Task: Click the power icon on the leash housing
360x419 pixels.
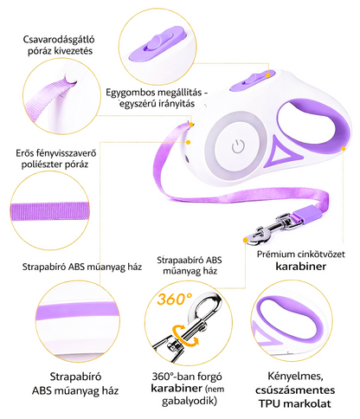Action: click(x=238, y=146)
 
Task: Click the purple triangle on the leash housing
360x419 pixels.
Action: click(x=283, y=152)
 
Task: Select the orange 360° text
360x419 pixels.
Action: click(x=175, y=299)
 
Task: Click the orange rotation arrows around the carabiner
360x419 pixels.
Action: click(x=185, y=335)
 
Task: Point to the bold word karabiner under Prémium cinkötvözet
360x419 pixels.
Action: click(x=301, y=266)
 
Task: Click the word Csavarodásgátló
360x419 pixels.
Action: click(x=59, y=39)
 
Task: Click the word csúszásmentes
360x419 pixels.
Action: click(x=295, y=390)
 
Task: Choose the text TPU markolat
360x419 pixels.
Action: click(x=294, y=403)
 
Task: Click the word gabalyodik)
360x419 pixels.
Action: click(x=189, y=402)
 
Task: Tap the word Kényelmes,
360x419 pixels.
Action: click(x=295, y=377)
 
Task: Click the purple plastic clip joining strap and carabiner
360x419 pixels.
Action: click(x=307, y=214)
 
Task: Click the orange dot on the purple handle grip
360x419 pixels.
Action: click(x=343, y=148)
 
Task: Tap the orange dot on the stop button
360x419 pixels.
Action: click(x=268, y=75)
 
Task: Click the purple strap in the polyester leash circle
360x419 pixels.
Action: click(x=50, y=211)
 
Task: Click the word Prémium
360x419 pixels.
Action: click(x=274, y=255)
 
